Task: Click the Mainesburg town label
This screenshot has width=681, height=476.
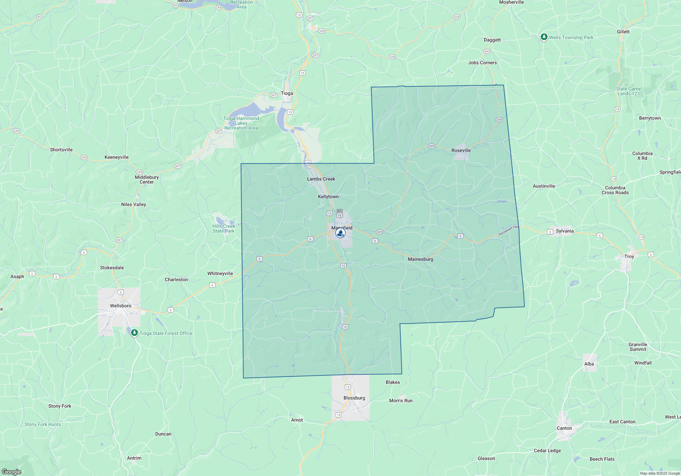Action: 421,259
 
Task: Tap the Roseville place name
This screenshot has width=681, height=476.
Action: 461,150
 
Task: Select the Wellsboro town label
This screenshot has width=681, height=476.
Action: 121,306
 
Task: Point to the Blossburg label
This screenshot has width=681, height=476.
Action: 354,398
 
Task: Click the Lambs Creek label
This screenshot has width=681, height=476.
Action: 321,179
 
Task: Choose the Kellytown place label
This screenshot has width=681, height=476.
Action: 328,197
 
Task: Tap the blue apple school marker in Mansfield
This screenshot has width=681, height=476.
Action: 340,233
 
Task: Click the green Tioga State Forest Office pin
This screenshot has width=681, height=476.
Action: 134,333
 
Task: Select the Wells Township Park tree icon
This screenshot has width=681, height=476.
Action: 544,37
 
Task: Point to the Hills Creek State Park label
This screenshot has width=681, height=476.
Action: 224,228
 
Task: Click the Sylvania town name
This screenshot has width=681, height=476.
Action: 565,231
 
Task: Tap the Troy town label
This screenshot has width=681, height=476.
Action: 629,256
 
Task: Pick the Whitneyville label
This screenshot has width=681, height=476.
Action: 220,273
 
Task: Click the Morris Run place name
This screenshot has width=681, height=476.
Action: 401,401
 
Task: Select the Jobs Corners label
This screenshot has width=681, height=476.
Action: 482,63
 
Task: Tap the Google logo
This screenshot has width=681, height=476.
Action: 11,472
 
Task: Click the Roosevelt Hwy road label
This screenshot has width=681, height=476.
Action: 509,231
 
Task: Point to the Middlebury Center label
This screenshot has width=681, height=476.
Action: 147,180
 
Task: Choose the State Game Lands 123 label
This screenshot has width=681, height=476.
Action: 629,91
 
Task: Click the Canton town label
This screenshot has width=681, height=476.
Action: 564,428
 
